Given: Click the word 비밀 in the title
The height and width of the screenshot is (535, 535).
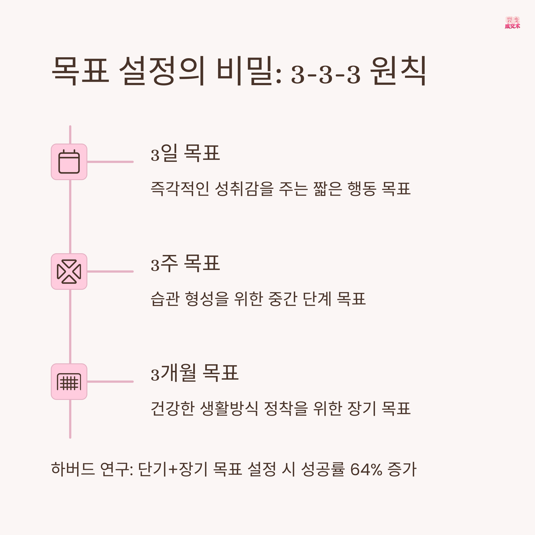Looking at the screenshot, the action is click(249, 71).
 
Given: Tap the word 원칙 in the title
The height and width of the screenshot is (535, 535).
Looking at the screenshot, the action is click(398, 71).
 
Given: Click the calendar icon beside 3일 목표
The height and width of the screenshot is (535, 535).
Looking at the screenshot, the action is click(69, 162).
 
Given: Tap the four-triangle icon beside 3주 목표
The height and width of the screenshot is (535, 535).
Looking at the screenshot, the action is click(69, 271).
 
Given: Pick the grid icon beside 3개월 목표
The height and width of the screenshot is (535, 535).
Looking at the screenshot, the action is click(69, 382).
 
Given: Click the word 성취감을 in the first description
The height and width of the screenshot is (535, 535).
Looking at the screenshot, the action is click(244, 189).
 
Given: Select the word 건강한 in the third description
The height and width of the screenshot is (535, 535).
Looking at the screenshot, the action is click(172, 408).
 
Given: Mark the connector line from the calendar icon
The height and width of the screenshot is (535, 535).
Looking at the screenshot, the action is click(110, 162).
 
